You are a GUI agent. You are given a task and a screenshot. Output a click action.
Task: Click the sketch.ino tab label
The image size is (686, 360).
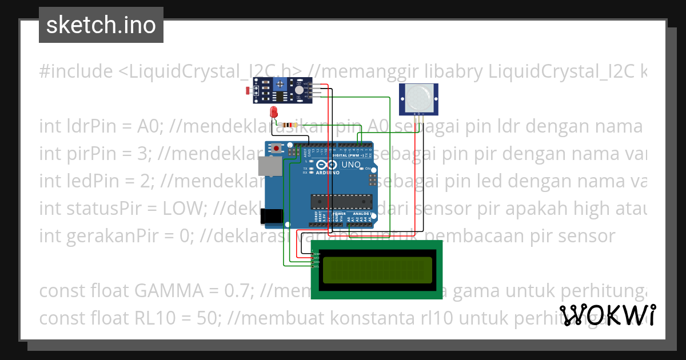(101, 25)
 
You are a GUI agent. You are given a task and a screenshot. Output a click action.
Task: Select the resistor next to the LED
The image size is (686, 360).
(289, 125)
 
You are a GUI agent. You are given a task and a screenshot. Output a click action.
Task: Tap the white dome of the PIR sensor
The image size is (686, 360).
(419, 98)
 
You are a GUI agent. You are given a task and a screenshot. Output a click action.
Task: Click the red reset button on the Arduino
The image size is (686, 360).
(277, 149)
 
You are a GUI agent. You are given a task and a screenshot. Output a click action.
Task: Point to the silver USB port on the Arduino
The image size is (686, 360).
(269, 166)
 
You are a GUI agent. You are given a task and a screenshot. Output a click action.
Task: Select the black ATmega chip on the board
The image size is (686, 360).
(341, 201)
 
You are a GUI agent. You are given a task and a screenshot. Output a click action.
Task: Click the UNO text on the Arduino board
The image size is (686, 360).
(351, 165)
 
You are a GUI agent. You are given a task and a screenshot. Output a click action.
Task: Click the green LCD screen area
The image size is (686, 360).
(377, 270)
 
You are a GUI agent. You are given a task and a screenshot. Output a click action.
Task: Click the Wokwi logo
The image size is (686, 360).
(607, 315)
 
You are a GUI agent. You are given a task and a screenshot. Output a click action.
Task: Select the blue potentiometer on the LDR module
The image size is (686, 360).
(280, 85)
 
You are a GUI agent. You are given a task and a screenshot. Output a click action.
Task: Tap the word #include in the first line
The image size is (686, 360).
(76, 71)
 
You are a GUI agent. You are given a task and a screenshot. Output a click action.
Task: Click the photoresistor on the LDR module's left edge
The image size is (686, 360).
(248, 90)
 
